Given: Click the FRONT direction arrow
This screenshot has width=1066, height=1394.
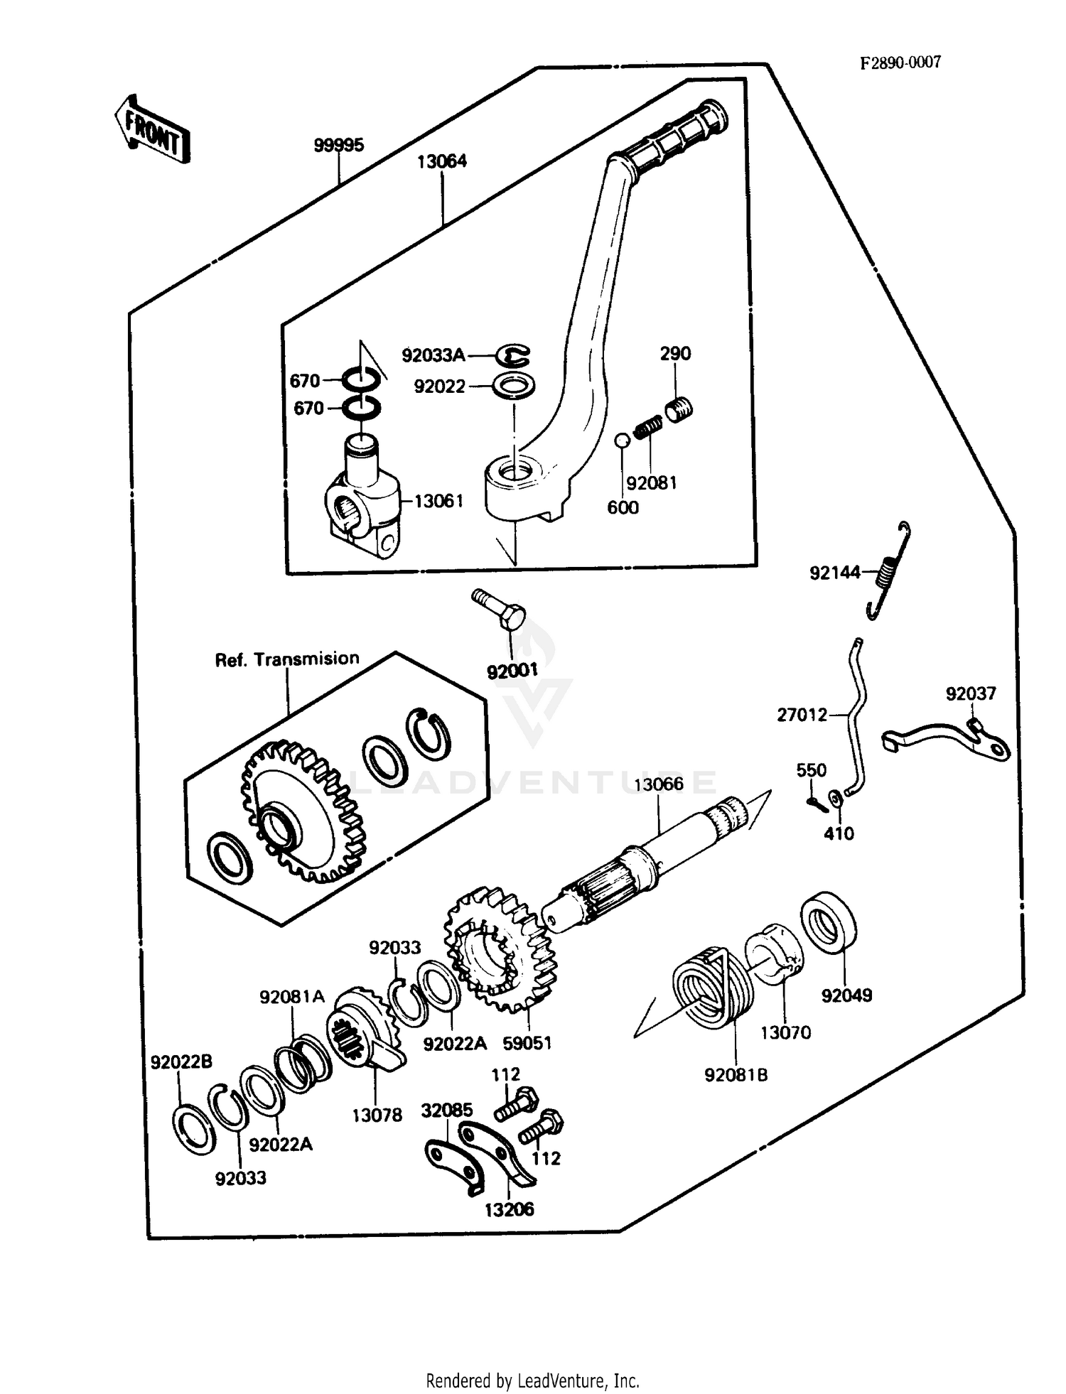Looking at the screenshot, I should tap(152, 130).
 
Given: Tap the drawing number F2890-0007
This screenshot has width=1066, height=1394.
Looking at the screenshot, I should tap(900, 63).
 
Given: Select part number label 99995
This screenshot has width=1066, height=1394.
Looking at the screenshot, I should tap(338, 145).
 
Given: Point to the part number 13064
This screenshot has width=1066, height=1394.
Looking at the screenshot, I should tap(441, 161).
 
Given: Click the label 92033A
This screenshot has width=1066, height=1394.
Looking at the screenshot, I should tap(434, 355).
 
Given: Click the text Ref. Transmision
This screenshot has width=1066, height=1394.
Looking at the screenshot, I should tap(287, 659).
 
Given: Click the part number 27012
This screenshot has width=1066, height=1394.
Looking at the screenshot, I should tap(802, 715).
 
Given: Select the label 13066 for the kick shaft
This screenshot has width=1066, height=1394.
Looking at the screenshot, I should tap(658, 784).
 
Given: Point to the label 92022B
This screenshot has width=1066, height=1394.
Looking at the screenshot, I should tap(181, 1061).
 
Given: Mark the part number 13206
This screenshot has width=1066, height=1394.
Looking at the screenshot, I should tap(509, 1209).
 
